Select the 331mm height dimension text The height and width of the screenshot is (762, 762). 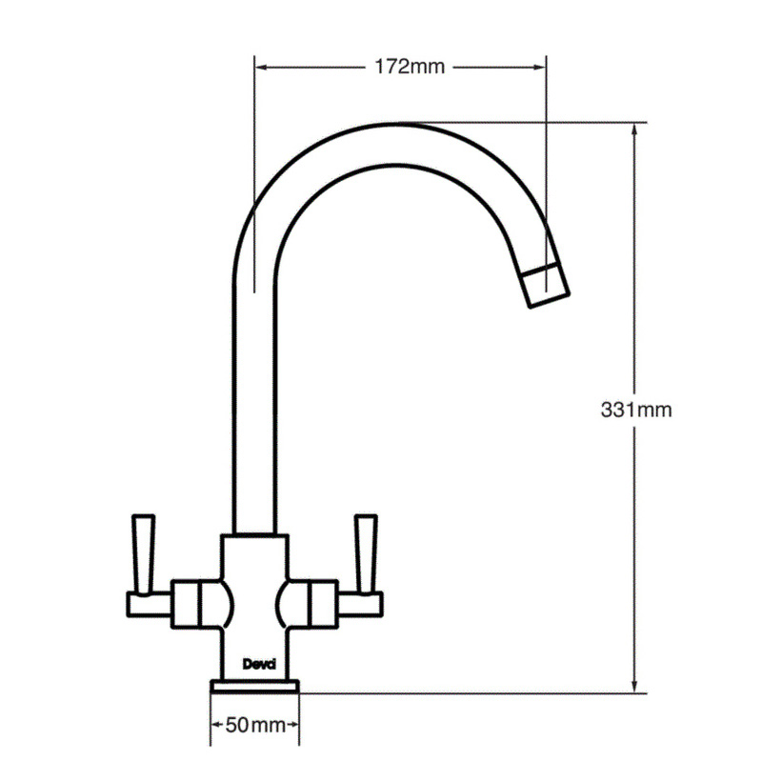pyautogui.click(x=636, y=411)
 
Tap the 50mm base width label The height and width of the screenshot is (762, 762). pyautogui.click(x=255, y=726)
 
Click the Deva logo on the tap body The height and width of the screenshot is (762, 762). pyautogui.click(x=255, y=665)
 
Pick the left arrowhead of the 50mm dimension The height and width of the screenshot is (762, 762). pyautogui.click(x=216, y=726)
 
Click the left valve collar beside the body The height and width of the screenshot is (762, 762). pyautogui.click(x=187, y=602)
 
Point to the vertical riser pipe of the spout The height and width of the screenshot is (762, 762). pyautogui.click(x=254, y=400)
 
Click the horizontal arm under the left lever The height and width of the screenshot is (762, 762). pyautogui.click(x=149, y=602)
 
